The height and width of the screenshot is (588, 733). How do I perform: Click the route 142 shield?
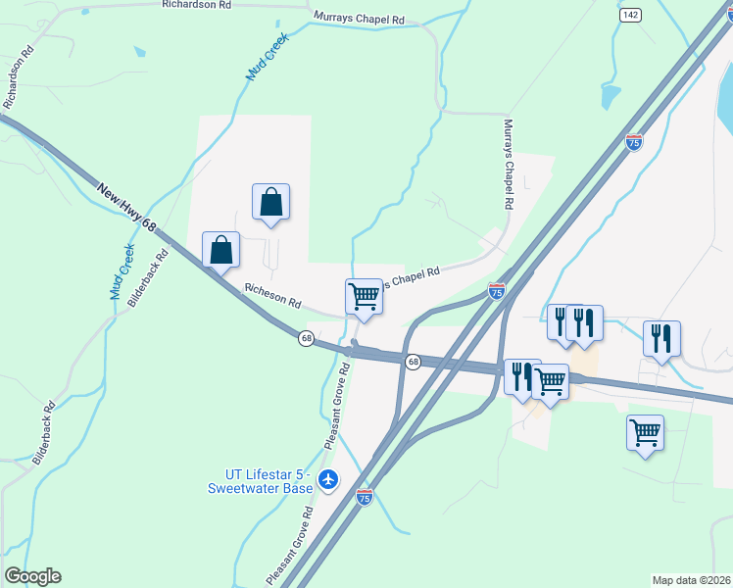tap(630, 15)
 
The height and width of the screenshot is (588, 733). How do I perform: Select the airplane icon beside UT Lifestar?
tap(327, 480)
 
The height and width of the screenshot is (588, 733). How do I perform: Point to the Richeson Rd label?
tap(272, 296)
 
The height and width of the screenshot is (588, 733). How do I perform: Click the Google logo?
tap(32, 576)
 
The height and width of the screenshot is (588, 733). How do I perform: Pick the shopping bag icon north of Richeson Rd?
tap(270, 202)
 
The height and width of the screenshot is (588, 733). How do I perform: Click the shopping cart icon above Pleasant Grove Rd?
tap(364, 296)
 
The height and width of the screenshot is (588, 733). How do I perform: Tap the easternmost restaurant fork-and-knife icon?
tap(661, 338)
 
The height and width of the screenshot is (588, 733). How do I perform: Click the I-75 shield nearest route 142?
tap(634, 142)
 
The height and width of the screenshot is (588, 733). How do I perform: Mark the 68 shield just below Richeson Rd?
tap(307, 338)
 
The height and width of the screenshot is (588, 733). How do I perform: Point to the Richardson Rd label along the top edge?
tap(198, 5)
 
